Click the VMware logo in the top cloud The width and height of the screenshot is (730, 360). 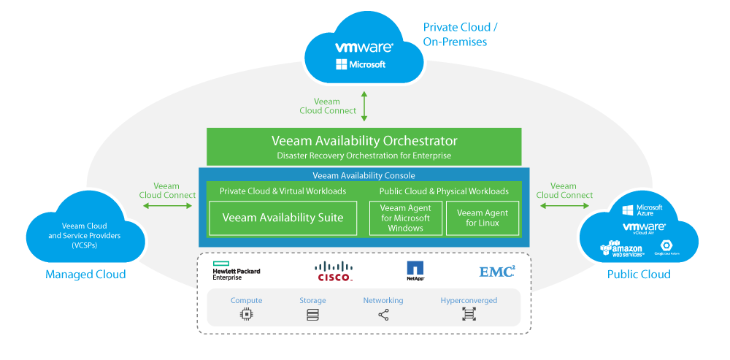coord(364,47)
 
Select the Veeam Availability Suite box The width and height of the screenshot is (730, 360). coord(283,217)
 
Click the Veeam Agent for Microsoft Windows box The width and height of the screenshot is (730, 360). coord(406,218)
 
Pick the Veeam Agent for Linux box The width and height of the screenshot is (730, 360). coord(483,218)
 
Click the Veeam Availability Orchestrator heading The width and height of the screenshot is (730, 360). coord(364,141)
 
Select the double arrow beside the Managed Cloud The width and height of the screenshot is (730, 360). coord(168,207)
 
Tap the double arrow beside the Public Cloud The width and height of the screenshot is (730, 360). coord(563,207)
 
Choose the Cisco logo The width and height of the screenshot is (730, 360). coord(335,272)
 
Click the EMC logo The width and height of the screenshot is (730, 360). coord(497,272)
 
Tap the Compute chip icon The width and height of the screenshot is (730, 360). coord(246,315)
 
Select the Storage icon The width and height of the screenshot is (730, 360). coord(312,315)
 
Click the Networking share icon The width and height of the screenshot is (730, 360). coord(383,315)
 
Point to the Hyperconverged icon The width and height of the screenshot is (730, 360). coord(469,315)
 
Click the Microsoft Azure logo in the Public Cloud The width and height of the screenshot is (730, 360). coord(642,210)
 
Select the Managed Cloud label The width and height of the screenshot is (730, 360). coord(85,275)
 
